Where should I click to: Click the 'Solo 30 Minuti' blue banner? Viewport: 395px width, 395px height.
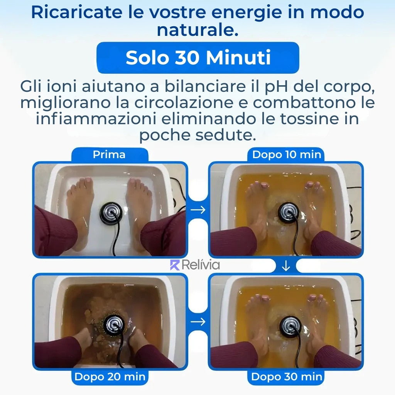tap(198, 58)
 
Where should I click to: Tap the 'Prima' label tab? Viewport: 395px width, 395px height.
tap(110, 154)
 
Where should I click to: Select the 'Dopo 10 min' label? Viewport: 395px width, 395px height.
tap(287, 154)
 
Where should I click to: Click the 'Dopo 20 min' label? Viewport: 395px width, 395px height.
tap(110, 377)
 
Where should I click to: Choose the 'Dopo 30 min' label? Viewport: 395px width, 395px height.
tap(287, 377)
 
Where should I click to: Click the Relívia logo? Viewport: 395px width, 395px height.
tap(195, 265)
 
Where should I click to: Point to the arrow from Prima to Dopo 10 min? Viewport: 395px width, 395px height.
tap(198, 209)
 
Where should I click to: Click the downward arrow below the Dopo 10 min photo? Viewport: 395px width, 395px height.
tap(286, 265)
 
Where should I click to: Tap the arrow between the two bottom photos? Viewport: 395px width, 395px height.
tap(198, 321)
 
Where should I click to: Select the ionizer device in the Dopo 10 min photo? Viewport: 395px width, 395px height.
tap(289, 212)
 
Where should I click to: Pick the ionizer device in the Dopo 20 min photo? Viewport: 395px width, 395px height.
tap(114, 324)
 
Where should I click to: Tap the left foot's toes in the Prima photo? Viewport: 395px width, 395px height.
tap(81, 184)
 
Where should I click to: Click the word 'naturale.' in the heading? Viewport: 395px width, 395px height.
tap(198, 30)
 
